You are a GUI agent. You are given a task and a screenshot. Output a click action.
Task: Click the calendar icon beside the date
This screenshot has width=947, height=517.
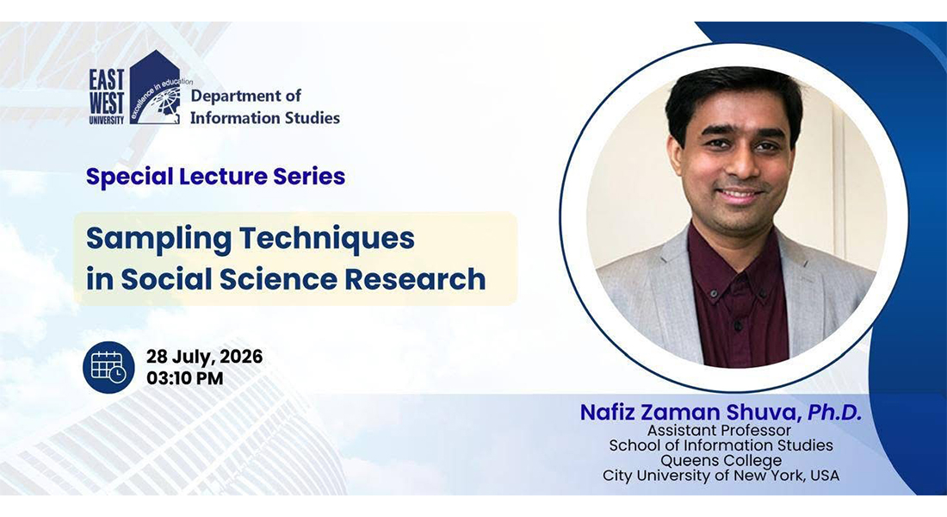point(108,367)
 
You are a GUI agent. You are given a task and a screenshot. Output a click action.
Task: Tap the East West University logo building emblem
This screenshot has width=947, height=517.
point(156,88)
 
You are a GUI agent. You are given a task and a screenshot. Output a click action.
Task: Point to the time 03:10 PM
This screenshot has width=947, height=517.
point(185,378)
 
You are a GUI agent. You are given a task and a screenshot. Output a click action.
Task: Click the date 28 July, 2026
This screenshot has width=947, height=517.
point(204,357)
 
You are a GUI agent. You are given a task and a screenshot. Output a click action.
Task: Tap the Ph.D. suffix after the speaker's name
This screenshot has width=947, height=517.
point(835,413)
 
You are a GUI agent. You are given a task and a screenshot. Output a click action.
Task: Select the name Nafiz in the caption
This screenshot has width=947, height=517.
point(608,413)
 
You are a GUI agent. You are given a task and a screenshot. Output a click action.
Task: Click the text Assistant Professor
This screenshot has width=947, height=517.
point(720,431)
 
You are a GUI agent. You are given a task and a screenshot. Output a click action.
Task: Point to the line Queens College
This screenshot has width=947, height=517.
point(721,460)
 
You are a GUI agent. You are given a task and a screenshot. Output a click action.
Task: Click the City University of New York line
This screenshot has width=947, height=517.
point(721,476)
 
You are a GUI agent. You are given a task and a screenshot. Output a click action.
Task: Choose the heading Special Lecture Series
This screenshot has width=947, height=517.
point(215,177)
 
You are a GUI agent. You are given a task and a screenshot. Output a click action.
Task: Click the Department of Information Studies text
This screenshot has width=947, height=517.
point(265,107)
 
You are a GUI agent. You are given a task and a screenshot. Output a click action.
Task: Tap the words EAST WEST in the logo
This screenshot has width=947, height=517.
point(106,90)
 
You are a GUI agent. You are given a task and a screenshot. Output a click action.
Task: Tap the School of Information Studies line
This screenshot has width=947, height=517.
point(721,445)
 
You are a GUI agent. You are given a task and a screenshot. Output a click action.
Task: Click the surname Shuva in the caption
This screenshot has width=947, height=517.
point(761,413)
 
